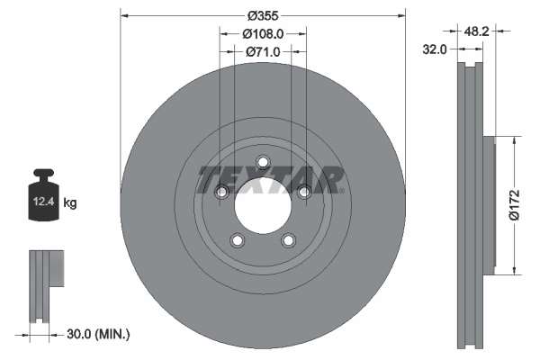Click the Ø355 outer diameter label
pos(263,15)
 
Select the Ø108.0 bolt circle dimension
pos(263,33)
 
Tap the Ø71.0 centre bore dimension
pos(263,52)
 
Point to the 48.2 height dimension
pos(476,30)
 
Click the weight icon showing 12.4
pos(43,193)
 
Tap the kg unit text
pos(70,203)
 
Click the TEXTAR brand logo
pos(270,179)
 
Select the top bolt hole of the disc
pos(263,163)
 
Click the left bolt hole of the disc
pos(221,192)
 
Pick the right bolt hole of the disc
pos(304,192)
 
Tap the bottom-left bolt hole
pos(238,240)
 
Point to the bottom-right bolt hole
pos(288,240)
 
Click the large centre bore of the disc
pos(263,207)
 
